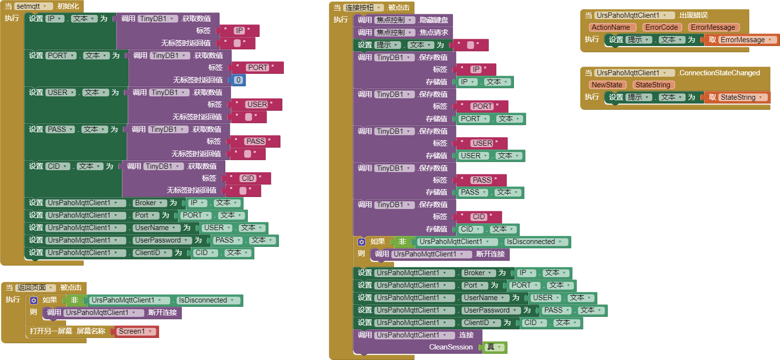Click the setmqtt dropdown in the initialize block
(x=33, y=6)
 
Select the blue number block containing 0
(x=238, y=80)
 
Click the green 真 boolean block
(x=494, y=347)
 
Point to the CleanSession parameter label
(x=451, y=347)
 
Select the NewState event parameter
(x=606, y=85)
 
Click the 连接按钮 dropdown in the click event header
(x=364, y=8)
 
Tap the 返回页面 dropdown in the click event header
(x=35, y=288)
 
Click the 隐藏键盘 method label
(x=433, y=20)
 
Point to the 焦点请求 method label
(x=433, y=33)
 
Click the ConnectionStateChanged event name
(x=719, y=73)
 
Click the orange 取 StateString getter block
(x=737, y=97)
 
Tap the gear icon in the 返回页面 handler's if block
(x=34, y=301)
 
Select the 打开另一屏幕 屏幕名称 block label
(x=67, y=331)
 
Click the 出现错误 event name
(x=693, y=15)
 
